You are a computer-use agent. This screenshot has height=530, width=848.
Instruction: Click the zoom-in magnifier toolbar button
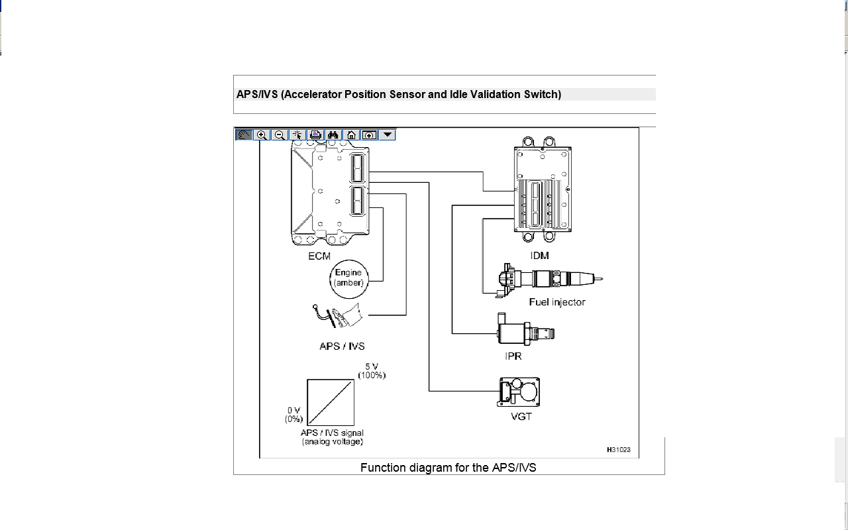262,135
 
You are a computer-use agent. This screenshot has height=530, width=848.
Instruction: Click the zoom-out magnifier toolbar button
280,135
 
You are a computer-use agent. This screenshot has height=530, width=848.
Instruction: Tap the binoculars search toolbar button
333,135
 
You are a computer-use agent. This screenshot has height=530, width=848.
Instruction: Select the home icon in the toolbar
351,135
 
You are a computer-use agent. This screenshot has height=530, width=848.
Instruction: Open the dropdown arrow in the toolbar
388,134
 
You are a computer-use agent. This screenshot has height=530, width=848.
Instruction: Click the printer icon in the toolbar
315,135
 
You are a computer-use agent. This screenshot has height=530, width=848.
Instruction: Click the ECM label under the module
319,256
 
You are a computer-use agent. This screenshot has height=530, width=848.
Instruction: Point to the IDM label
539,256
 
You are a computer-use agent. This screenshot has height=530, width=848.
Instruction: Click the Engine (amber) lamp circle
348,279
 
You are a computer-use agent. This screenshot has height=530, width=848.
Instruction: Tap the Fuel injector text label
557,302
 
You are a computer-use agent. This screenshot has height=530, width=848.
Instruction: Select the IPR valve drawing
525,329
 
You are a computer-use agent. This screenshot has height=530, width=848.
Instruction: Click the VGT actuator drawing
518,392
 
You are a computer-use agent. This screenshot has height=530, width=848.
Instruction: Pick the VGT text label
521,417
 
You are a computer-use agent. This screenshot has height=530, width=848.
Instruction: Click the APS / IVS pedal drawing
337,315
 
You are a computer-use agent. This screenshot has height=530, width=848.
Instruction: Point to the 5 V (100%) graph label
372,371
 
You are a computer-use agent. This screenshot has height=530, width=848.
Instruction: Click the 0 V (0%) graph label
293,415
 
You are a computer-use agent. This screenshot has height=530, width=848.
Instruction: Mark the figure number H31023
619,450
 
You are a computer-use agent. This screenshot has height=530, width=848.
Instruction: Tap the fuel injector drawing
549,280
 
